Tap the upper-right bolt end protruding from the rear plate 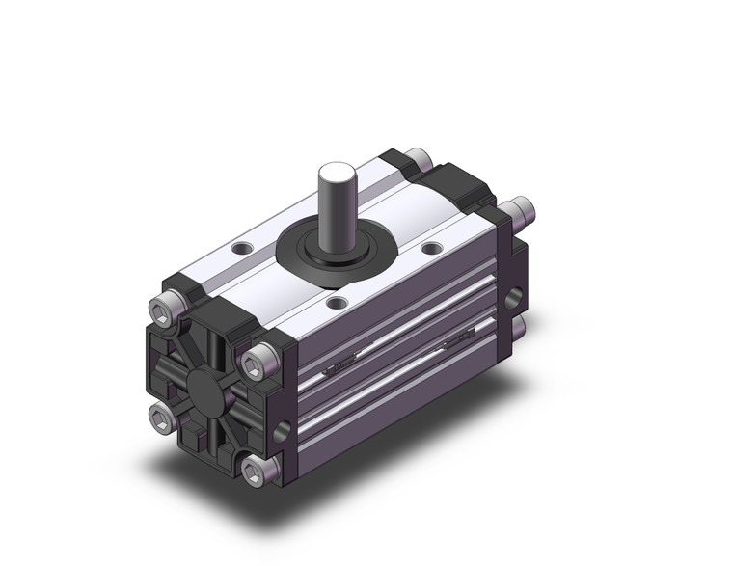(521, 205)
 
